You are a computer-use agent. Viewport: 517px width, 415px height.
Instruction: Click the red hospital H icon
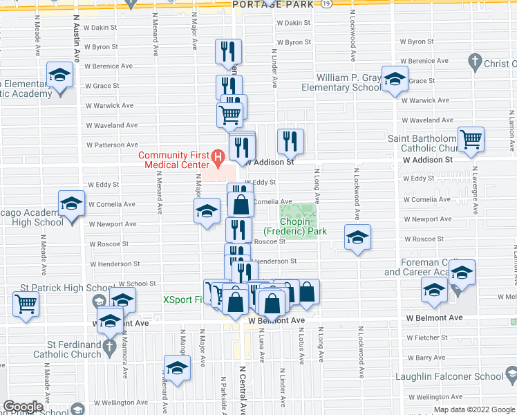point(218,158)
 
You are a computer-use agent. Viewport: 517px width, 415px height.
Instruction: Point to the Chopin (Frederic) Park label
point(294,226)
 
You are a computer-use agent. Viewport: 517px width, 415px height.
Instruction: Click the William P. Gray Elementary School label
point(348,82)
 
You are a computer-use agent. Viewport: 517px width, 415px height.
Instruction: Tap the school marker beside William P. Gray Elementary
point(394,80)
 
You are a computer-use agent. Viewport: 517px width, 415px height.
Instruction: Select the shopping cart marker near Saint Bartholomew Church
point(470,138)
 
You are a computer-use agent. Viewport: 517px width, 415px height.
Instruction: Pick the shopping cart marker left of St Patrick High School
point(26,304)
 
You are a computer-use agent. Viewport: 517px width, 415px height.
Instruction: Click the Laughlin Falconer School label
point(449,377)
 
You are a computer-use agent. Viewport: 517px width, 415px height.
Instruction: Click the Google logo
point(24,407)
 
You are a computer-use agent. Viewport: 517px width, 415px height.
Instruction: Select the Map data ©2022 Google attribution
point(474,409)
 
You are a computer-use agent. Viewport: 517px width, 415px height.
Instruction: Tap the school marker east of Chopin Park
point(357,237)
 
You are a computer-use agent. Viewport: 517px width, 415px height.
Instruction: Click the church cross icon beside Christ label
point(474,64)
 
